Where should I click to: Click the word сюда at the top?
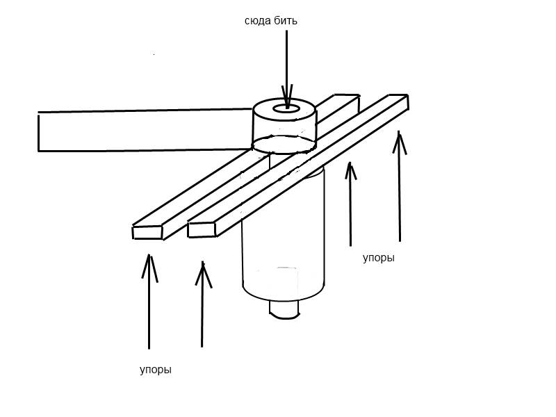pos(256,21)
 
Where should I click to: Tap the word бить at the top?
pos(285,21)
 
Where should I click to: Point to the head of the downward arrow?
pos(285,97)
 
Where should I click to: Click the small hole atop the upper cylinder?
pos(284,109)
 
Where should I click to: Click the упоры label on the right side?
pos(378,258)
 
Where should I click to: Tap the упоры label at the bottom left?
pos(155,370)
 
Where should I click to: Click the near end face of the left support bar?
pos(147,232)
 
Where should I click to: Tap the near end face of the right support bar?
pos(202,229)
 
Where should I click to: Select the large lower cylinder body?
pos(283,236)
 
